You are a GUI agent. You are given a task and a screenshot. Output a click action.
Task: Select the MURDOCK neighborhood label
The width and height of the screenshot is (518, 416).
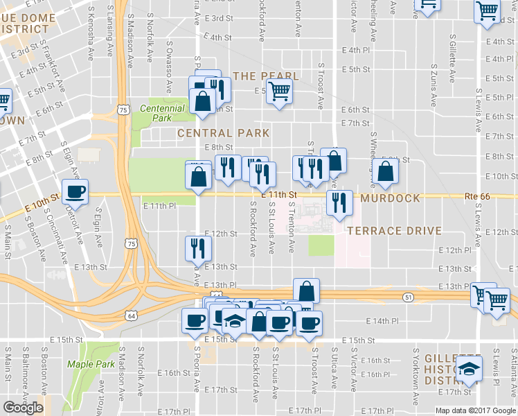point(390,198)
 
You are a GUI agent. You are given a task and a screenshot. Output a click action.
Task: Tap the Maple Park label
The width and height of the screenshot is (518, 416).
point(91,364)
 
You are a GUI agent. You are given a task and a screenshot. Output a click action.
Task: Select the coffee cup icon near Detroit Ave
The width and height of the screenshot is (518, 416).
point(75,192)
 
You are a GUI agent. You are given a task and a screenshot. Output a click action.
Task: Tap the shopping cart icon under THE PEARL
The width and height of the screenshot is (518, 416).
point(279,91)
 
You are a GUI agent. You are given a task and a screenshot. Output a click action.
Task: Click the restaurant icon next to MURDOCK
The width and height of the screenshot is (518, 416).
point(338,202)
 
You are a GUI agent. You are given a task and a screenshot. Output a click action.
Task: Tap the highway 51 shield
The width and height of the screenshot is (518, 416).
point(408,297)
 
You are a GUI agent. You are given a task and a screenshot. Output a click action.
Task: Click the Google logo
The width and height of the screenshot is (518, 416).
point(23,408)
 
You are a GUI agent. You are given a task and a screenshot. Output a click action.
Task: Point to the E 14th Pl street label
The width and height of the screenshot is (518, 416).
point(382,321)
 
